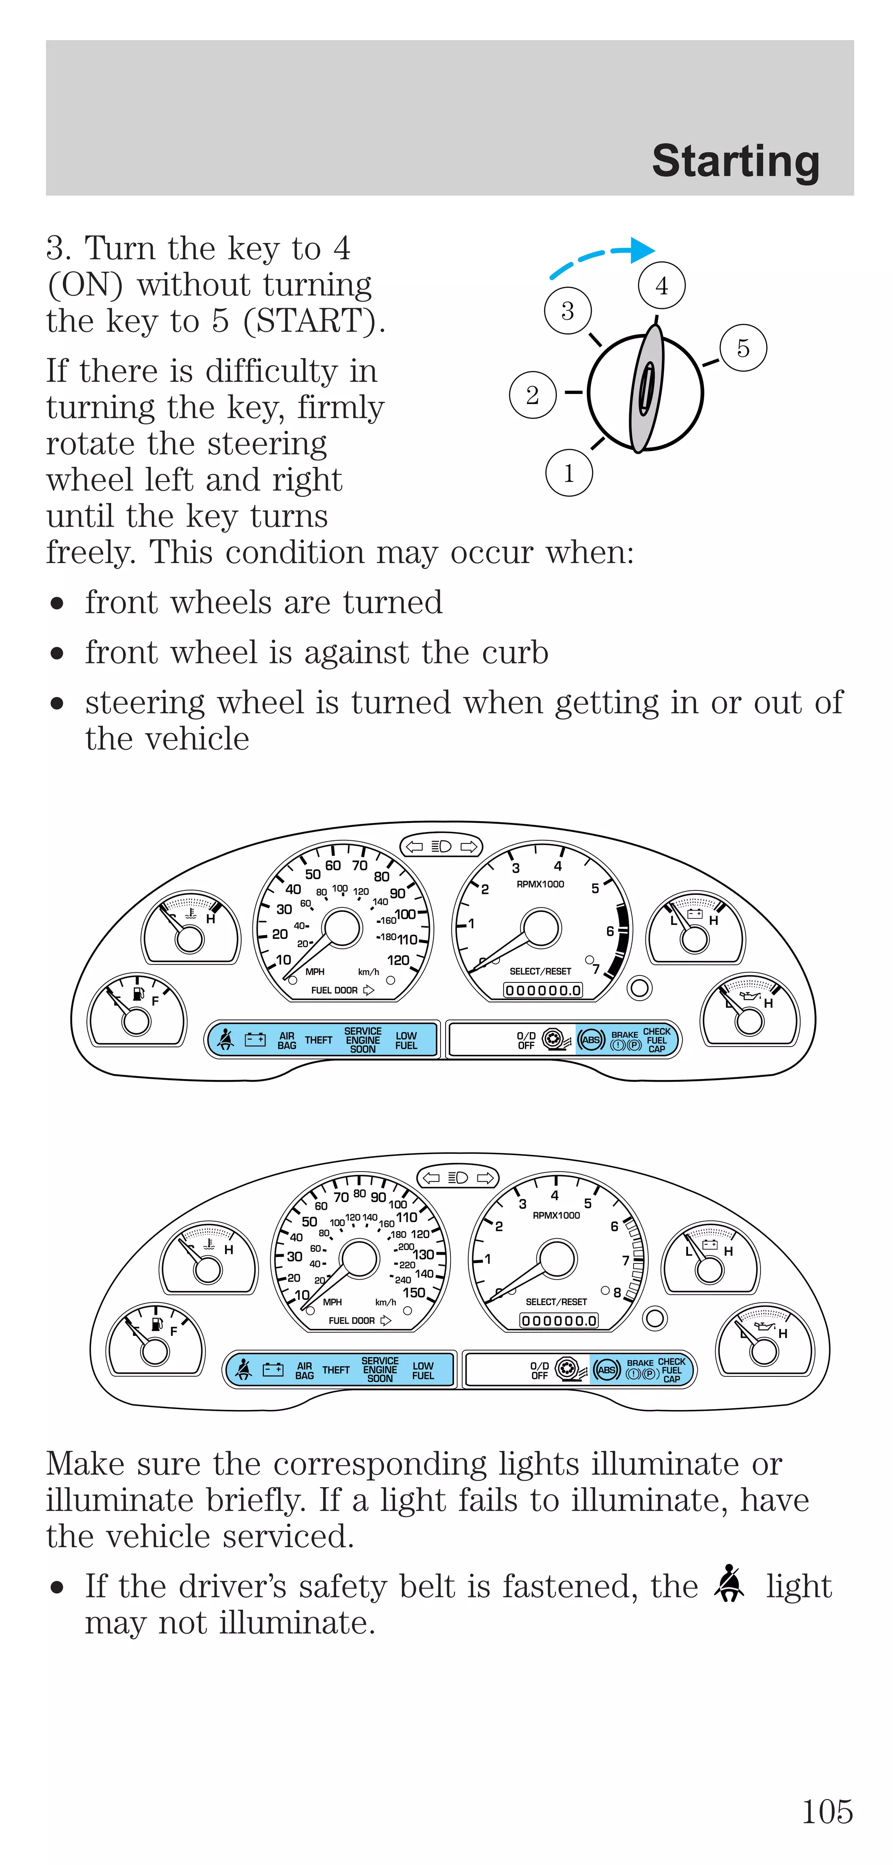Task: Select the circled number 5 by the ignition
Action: point(743,348)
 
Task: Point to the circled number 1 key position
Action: point(569,473)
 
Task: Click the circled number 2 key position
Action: point(532,395)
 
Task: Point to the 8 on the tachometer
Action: point(617,1292)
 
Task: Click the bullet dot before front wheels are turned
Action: point(57,603)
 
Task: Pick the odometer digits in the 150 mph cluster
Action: point(559,1321)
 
